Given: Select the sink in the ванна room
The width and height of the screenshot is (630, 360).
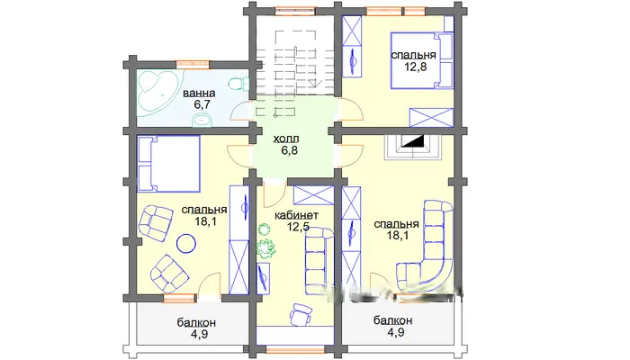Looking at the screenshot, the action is coord(202,120).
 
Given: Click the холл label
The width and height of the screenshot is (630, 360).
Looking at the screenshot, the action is coord(286,139).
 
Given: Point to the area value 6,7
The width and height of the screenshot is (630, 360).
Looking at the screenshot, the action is coord(202,105).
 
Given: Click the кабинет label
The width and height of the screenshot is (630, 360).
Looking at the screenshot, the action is coord(296,215).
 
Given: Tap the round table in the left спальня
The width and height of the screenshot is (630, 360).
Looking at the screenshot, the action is coord(186,243).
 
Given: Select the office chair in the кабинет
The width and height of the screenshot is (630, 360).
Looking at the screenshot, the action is coord(300,314).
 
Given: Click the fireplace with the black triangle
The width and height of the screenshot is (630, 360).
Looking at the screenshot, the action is coord(413,146).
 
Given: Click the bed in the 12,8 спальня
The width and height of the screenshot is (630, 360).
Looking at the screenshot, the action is coord(422,60).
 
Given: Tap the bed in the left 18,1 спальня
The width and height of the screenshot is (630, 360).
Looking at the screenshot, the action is coord(169,164).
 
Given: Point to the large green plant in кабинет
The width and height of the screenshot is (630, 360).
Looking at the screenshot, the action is coord(265,248).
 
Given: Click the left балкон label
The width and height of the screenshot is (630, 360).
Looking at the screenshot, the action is coord(196,322).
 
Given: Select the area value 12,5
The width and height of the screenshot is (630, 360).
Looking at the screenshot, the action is coord(298,227).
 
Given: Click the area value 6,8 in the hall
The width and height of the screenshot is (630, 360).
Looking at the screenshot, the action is coord(289,150).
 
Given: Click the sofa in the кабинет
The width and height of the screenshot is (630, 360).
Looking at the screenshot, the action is coord(319,261).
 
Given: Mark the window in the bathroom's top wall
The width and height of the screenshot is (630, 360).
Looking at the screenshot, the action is coord(193,64).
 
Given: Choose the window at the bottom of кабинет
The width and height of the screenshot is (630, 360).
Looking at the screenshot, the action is coord(295,351).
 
